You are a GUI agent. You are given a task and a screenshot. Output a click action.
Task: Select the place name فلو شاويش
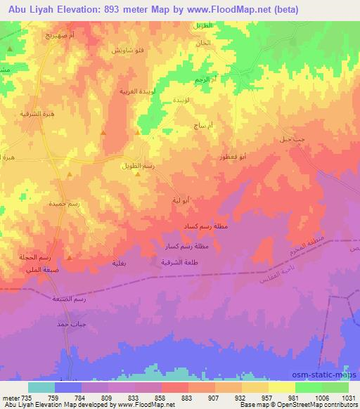tap(127, 51)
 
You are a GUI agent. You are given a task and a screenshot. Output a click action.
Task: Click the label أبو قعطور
tap(232, 158)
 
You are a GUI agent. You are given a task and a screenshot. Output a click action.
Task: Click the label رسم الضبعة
tap(69, 299)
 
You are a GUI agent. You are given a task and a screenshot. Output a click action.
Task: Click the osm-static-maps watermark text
tap(333, 374)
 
